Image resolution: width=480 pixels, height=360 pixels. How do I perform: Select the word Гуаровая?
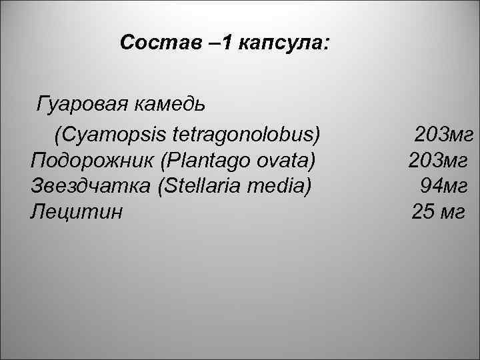(81, 105)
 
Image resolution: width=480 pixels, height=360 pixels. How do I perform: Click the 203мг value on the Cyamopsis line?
(443, 135)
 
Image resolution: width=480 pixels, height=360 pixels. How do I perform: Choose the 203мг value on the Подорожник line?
(438, 161)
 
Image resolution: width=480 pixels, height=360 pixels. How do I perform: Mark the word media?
(281, 186)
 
